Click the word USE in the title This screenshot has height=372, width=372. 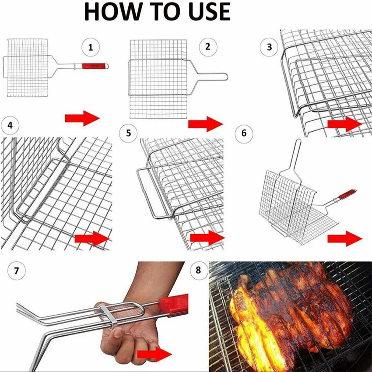coord(205,12)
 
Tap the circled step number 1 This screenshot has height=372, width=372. coord(91,47)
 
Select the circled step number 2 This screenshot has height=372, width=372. coord(207,47)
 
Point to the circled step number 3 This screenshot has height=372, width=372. coord(269,47)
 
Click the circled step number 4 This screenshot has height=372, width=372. coord(10,126)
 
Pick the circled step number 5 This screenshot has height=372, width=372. coord(128,133)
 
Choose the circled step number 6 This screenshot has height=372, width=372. coord(244,133)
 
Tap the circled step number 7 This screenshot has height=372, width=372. coord(17,271)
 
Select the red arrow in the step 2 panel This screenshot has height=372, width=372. coord(205,124)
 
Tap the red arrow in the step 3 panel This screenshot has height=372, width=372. coord(344,124)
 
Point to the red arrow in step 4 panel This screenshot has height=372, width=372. coord(91,239)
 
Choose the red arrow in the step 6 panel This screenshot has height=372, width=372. coord(344,239)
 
